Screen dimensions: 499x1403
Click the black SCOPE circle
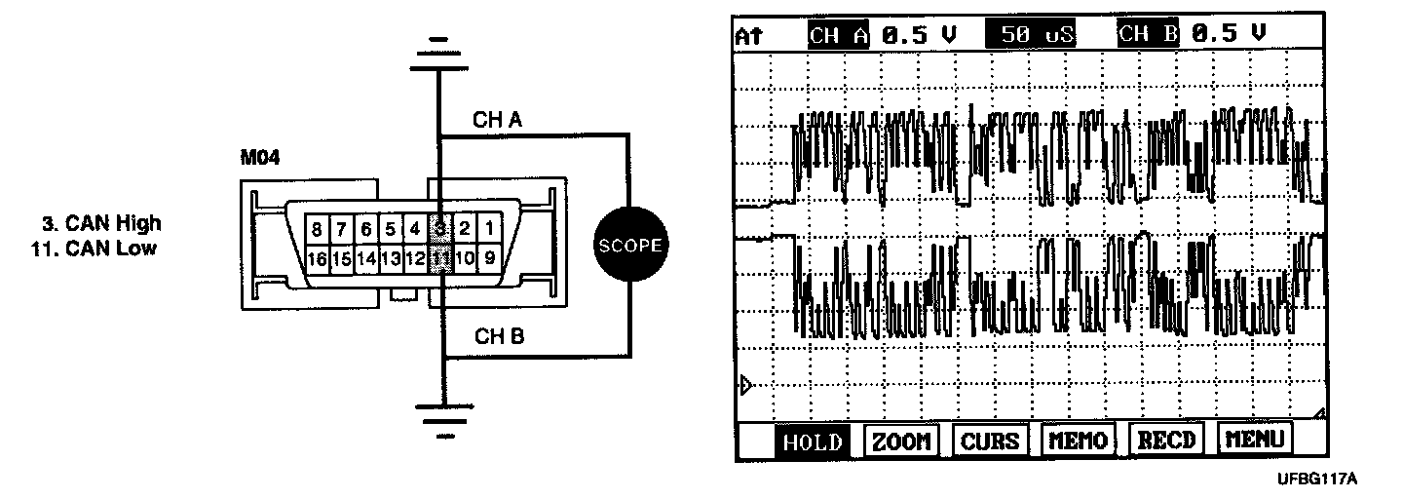[628, 245]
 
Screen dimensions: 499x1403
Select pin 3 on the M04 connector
[440, 230]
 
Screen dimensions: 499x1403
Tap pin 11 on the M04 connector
[440, 259]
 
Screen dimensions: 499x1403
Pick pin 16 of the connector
[317, 259]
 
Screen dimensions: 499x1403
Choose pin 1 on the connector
[489, 230]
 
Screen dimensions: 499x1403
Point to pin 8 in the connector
[317, 230]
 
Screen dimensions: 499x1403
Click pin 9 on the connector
[489, 259]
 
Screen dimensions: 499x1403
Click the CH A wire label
[498, 120]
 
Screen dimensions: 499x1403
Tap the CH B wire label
[498, 337]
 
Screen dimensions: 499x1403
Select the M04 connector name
[260, 158]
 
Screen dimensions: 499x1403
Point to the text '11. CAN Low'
[95, 248]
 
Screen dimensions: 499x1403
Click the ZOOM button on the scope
[899, 441]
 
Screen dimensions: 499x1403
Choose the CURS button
[989, 441]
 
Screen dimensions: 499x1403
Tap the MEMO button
[1077, 441]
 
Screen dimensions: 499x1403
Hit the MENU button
[1255, 441]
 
